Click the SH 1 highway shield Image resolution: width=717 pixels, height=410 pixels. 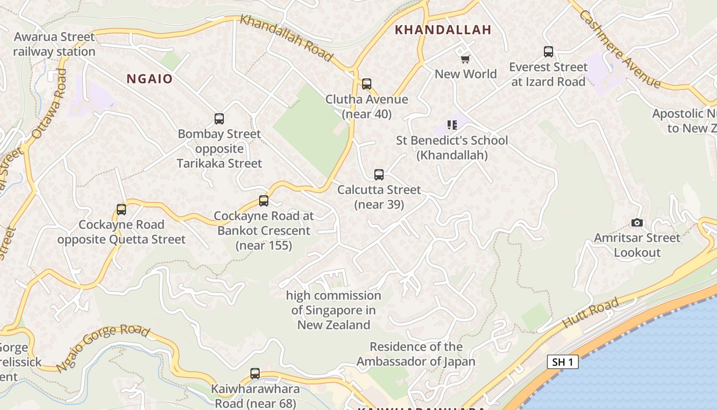tap(562, 362)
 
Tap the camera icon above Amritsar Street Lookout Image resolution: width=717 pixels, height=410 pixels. tap(637, 222)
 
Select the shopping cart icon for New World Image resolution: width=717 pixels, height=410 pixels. tap(465, 59)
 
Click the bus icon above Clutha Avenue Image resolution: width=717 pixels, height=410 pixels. tap(366, 84)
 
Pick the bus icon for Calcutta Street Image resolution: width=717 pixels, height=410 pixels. tap(379, 175)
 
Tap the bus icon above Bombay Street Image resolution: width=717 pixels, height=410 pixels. tap(219, 119)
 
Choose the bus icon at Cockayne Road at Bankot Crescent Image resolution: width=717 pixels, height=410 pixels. tap(264, 201)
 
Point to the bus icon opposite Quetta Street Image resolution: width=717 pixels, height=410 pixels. tap(121, 210)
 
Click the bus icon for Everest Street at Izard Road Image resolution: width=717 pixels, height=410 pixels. tap(549, 52)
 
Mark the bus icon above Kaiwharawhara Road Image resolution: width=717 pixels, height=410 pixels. tap(255, 374)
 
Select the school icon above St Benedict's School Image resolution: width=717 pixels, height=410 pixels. tap(452, 125)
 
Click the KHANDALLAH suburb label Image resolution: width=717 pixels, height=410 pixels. tap(443, 30)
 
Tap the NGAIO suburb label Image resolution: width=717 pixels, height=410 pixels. tap(150, 79)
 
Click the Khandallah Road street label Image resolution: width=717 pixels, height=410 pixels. tap(286, 37)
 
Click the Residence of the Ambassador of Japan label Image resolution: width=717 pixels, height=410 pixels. tap(416, 354)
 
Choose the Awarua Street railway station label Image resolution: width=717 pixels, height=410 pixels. tap(54, 44)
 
